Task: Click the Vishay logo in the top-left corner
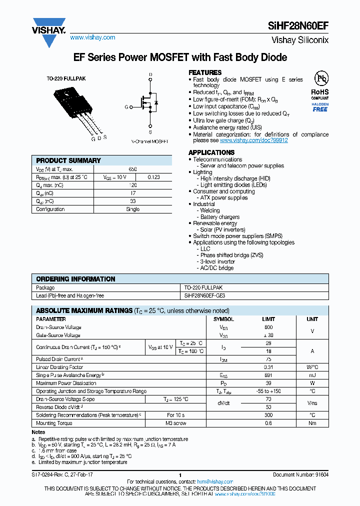(x=49, y=31)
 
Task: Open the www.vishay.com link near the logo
(x=92, y=37)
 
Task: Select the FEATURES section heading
(x=205, y=72)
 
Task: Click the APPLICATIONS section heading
(x=211, y=152)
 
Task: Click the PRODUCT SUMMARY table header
(x=68, y=160)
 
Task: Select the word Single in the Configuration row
(x=132, y=209)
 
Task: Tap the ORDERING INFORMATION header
(x=75, y=279)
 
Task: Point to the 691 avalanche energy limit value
(x=268, y=375)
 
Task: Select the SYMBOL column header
(x=223, y=319)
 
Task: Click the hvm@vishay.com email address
(x=215, y=481)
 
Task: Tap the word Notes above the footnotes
(x=38, y=432)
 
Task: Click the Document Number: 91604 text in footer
(x=300, y=474)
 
